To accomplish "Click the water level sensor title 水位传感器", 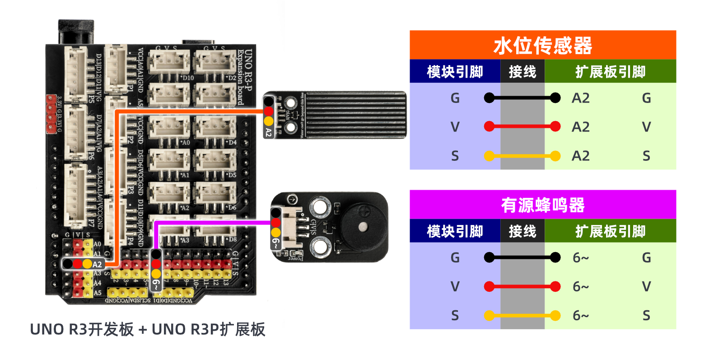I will (542, 46).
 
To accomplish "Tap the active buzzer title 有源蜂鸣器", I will (542, 206).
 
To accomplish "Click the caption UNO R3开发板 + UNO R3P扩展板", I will (147, 329).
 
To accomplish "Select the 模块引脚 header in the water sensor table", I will (455, 72).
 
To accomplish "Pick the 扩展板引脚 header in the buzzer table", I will (610, 231).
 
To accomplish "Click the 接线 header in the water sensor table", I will (522, 72).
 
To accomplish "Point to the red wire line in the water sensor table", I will (522, 126).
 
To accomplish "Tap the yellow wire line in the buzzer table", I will (522, 315).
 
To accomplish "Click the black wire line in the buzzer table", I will (522, 257).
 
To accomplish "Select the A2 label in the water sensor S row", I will (580, 156).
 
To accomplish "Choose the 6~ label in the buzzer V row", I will (580, 286).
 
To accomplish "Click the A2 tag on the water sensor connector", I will (268, 132).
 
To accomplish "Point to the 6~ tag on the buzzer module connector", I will (275, 244).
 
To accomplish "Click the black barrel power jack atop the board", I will (76, 32).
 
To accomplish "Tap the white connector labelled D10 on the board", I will (169, 62).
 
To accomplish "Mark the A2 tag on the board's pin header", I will (97, 264).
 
